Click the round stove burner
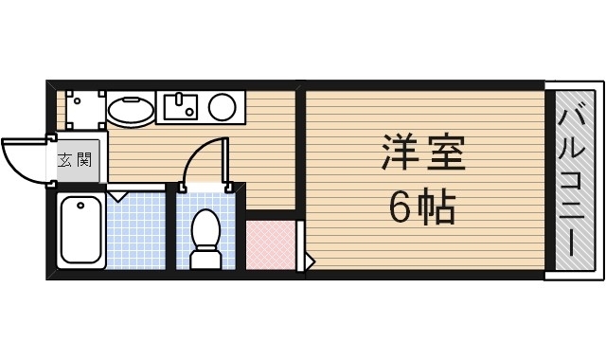coord(223,106)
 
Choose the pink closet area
coord(271,245)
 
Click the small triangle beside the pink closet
coord(309,259)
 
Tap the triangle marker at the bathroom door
coord(118,196)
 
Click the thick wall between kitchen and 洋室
coord(299,152)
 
